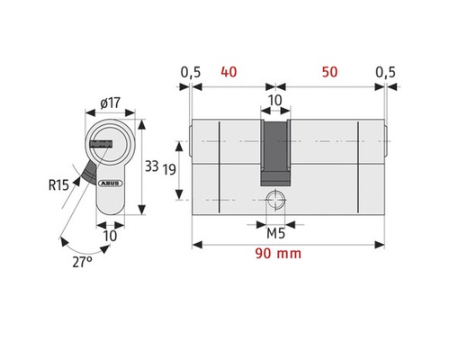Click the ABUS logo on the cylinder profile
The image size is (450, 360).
112,178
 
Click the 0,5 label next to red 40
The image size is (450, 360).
189,70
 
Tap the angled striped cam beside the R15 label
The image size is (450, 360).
87,168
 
